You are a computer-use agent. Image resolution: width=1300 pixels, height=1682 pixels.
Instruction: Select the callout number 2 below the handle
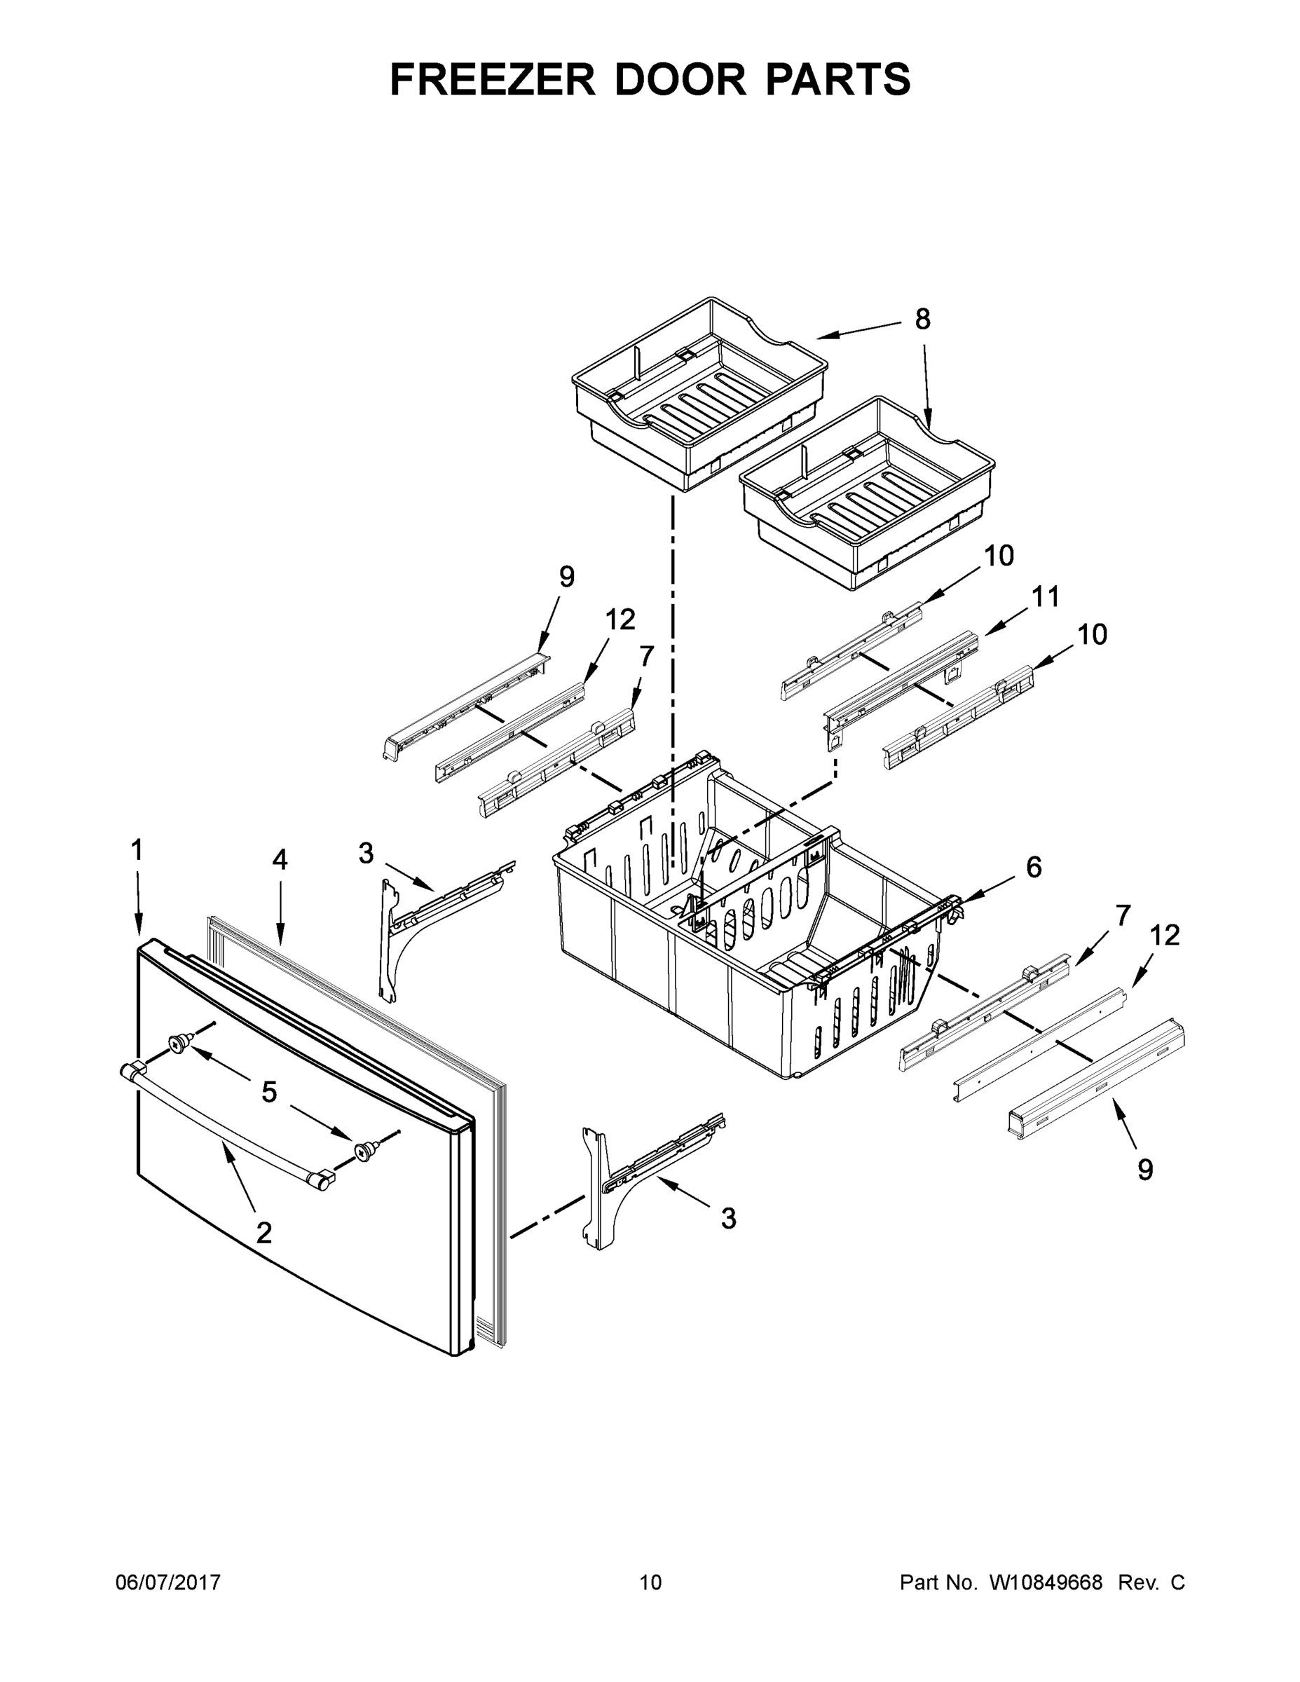[264, 1233]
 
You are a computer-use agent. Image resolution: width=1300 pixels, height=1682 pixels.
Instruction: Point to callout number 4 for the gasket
[280, 859]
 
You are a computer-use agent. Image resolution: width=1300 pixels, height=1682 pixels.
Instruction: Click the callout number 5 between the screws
[269, 1091]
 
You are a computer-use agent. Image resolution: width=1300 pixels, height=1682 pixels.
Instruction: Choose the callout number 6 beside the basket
[1034, 867]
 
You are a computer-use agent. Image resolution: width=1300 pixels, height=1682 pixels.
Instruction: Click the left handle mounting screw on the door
[179, 1044]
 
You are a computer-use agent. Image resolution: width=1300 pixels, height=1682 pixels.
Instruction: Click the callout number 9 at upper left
[566, 576]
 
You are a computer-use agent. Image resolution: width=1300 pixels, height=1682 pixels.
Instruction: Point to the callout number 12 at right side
[1165, 935]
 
